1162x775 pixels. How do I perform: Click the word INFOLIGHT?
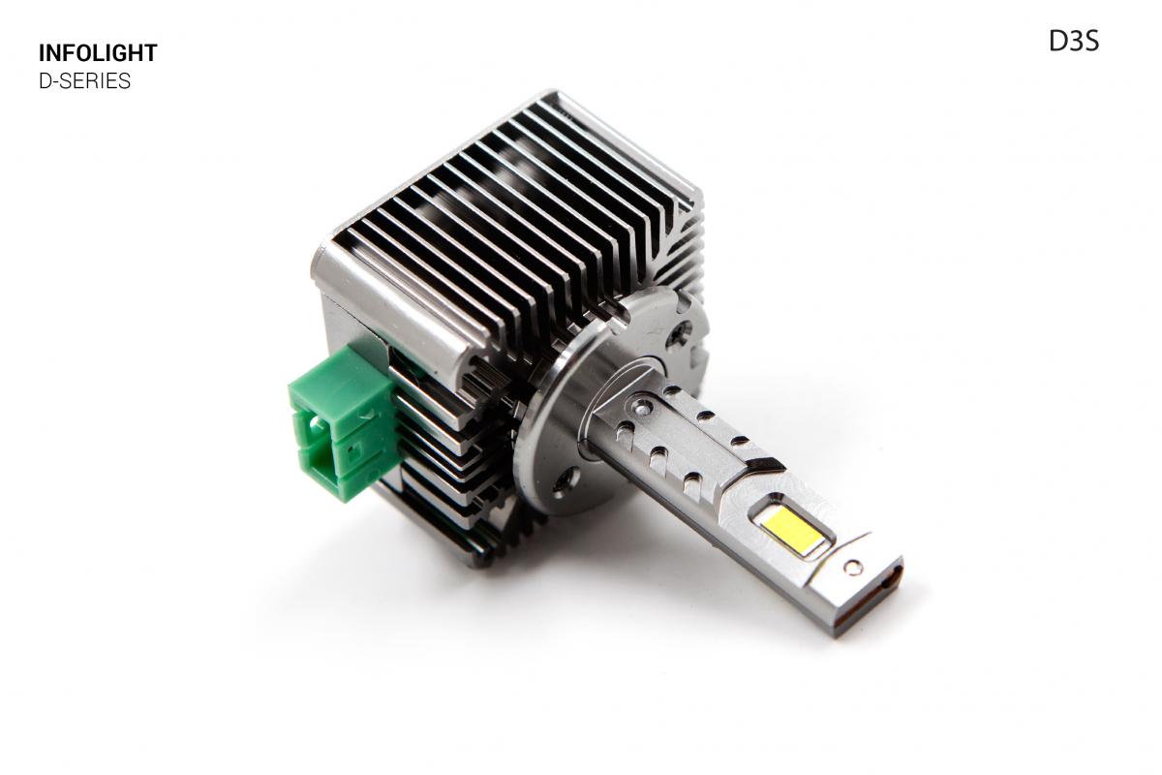(97, 53)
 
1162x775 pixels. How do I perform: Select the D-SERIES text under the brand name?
(84, 81)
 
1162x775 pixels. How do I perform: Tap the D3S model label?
(1073, 42)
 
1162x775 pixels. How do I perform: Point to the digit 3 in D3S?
(1073, 42)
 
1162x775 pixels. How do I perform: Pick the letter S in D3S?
(1090, 42)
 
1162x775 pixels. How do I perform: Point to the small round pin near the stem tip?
(853, 567)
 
